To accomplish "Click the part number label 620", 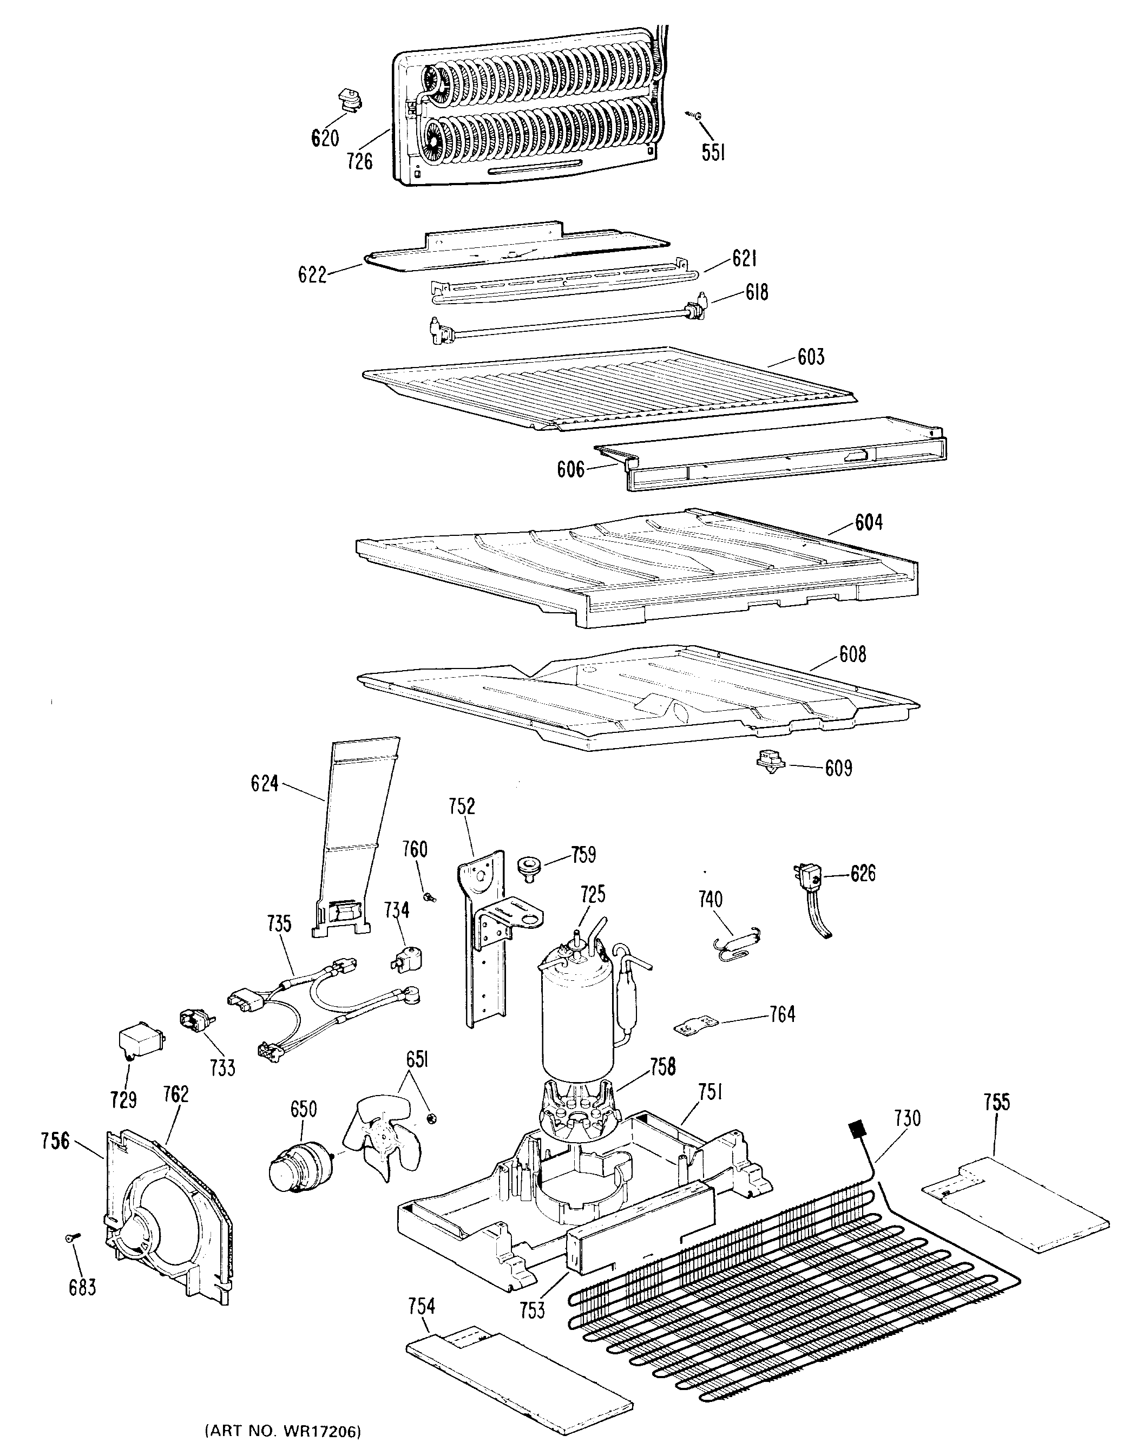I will click(325, 138).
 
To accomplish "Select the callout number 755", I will click(996, 1102).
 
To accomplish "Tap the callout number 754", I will click(422, 1305).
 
